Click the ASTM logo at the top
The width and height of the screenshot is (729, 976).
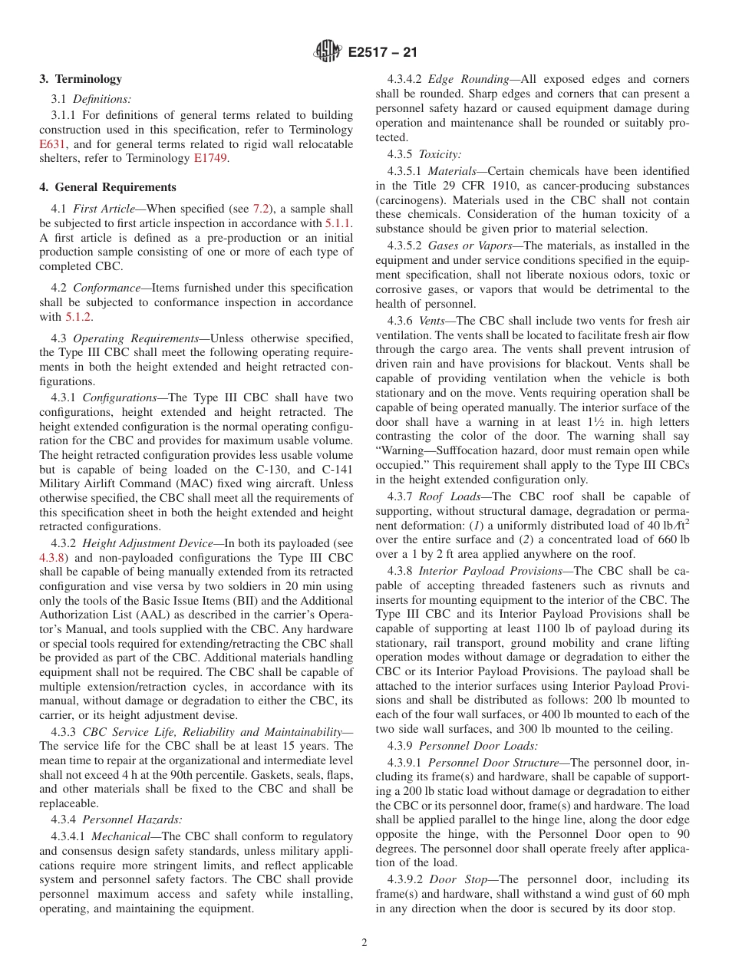[328, 52]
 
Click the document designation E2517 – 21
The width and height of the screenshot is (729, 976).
[382, 53]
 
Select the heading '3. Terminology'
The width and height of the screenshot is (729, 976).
[81, 79]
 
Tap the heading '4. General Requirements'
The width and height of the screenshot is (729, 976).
[107, 187]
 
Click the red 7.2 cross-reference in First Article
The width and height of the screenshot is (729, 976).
[261, 209]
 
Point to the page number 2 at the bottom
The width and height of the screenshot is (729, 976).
[364, 943]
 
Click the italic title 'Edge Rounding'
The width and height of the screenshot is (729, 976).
[468, 79]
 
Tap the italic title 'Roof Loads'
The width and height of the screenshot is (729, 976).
[447, 496]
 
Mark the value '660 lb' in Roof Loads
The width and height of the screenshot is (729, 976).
[671, 540]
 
